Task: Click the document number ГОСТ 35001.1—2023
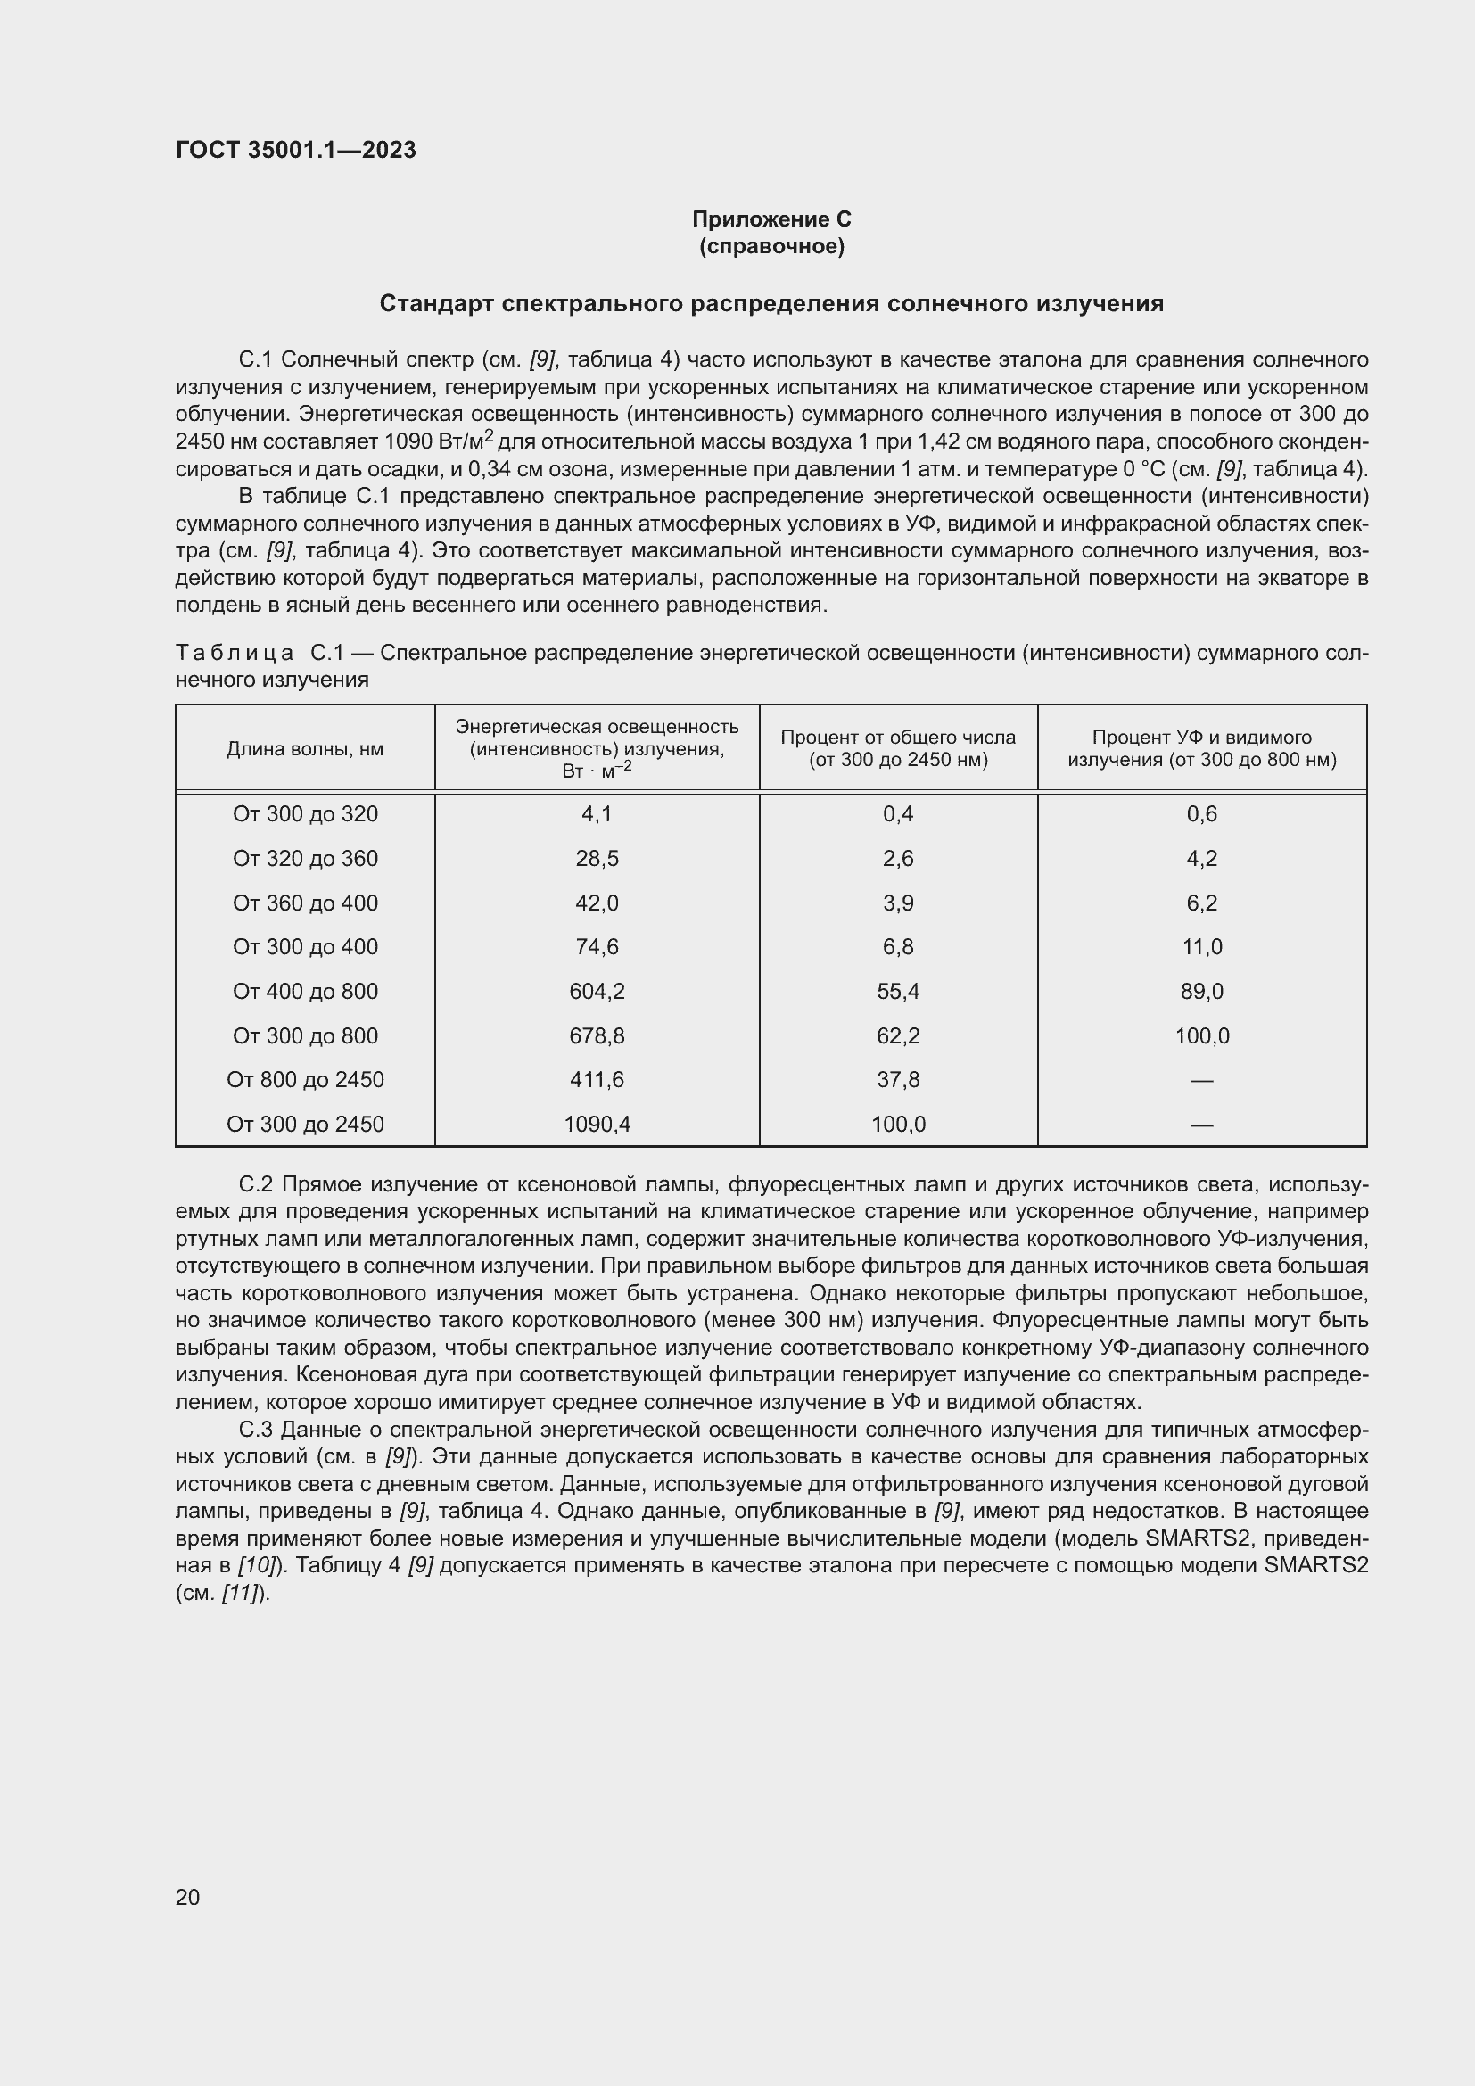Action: [295, 150]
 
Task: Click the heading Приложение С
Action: [771, 219]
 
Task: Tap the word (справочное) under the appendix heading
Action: [771, 246]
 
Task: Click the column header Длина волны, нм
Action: [305, 748]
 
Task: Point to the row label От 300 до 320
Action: [305, 814]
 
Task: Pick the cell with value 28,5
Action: [597, 859]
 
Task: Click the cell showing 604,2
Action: [597, 991]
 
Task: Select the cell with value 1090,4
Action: [597, 1124]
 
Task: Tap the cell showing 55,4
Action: [898, 991]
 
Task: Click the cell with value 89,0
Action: [1201, 991]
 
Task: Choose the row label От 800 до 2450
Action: [305, 1079]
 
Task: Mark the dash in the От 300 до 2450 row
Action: [1201, 1125]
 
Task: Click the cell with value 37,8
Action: [898, 1079]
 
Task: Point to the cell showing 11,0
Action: [1201, 947]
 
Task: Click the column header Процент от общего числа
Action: [898, 738]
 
